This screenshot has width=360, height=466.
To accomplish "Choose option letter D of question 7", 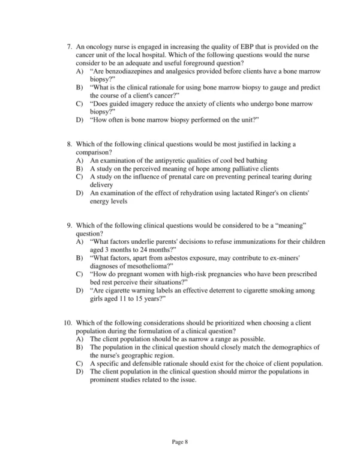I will (x=80, y=120).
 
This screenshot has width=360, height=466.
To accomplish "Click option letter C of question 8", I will (x=80, y=177).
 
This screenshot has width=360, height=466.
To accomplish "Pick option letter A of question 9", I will (x=80, y=241).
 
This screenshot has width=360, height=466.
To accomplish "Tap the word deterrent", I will (x=229, y=290).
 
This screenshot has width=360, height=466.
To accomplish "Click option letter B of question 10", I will (x=80, y=347).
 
